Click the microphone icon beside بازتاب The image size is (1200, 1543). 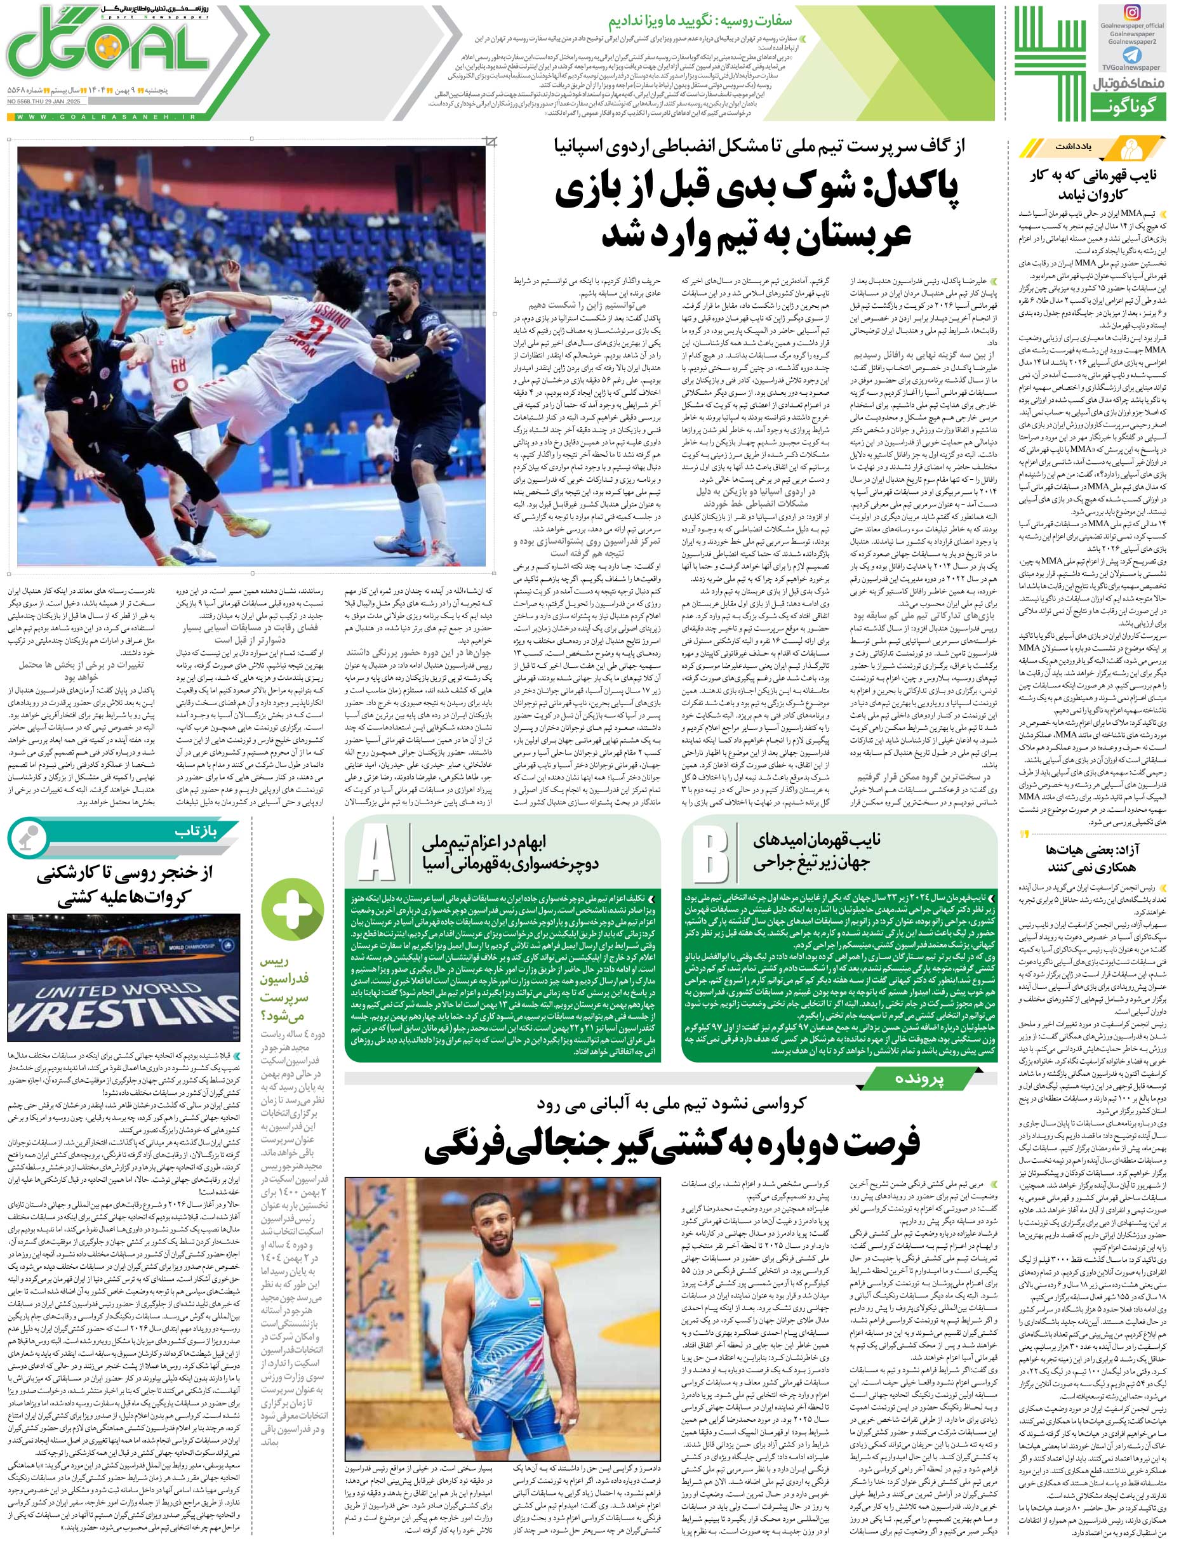pos(26,836)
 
